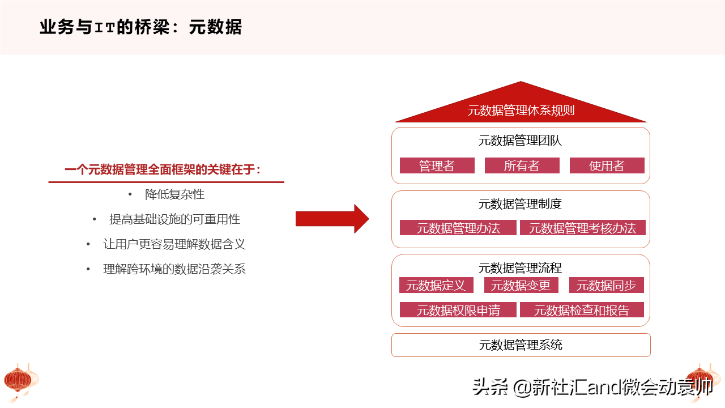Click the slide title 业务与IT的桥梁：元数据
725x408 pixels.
coord(141,27)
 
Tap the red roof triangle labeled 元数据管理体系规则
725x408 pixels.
coord(521,107)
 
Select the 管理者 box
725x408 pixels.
coord(437,165)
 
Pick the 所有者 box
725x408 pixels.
coord(522,165)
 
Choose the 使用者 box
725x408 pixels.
coord(607,165)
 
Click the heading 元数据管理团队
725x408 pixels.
coord(520,141)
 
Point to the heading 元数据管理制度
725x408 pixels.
coord(520,204)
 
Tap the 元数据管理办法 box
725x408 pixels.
coord(458,228)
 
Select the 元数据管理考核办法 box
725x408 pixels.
coord(583,228)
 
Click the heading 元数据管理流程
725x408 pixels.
coord(520,268)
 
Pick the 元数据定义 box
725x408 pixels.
coord(436,285)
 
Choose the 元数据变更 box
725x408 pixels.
coord(521,285)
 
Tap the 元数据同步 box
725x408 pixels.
coord(607,285)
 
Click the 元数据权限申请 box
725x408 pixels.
coord(458,310)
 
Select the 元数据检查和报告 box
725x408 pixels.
coord(582,310)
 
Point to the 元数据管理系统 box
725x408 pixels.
coord(521,345)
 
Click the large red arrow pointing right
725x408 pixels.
coord(332,219)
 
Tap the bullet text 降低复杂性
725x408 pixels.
coord(175,194)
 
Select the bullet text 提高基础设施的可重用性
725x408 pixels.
coord(175,219)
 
